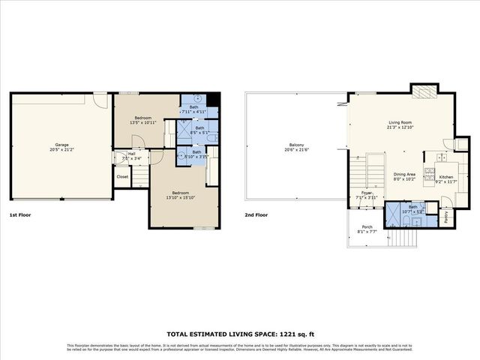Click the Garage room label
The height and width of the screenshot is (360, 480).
61,148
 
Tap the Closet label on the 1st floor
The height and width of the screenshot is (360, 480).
122,177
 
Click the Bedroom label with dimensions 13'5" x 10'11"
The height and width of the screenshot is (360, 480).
143,121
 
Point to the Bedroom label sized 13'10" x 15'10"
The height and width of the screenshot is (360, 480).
180,194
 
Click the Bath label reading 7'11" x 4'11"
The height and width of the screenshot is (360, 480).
193,109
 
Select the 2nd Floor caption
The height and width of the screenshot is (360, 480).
256,215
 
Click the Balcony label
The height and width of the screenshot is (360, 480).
296,148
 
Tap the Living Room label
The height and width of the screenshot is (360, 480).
400,124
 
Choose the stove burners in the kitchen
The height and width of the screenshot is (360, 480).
430,174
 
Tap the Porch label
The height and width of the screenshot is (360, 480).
367,229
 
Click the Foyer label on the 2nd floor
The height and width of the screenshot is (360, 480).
367,194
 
